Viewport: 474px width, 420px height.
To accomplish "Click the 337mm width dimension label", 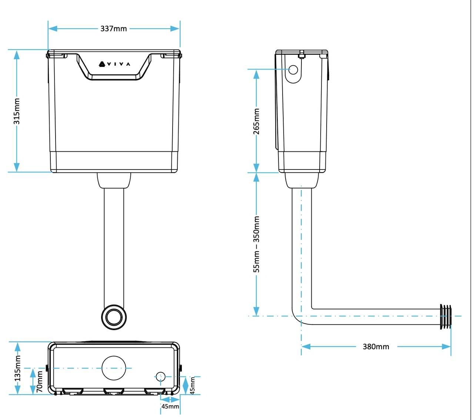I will pyautogui.click(x=114, y=28).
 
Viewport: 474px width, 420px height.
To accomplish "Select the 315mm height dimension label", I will pyautogui.click(x=17, y=111).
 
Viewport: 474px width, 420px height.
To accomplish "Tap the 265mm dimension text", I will pyautogui.click(x=256, y=121).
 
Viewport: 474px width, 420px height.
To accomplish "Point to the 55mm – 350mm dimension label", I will pyautogui.click(x=256, y=244).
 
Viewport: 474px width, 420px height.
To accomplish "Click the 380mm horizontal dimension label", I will pyautogui.click(x=376, y=347).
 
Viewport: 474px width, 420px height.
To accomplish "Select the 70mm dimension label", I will pyautogui.click(x=40, y=382).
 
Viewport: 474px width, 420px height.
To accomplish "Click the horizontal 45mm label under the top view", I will pyautogui.click(x=170, y=406).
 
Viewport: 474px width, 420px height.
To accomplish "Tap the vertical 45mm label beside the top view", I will pyautogui.click(x=193, y=385).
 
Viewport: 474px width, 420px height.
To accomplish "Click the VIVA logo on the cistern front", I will pyautogui.click(x=114, y=64).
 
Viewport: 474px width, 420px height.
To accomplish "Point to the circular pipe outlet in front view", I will pyautogui.click(x=114, y=317).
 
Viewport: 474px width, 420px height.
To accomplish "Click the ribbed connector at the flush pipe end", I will pyautogui.click(x=446, y=317).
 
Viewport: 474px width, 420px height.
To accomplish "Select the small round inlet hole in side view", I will pyautogui.click(x=293, y=70).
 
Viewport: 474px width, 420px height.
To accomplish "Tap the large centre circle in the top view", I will pyautogui.click(x=114, y=368).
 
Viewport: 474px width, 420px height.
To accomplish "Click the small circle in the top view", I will pyautogui.click(x=160, y=377).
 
